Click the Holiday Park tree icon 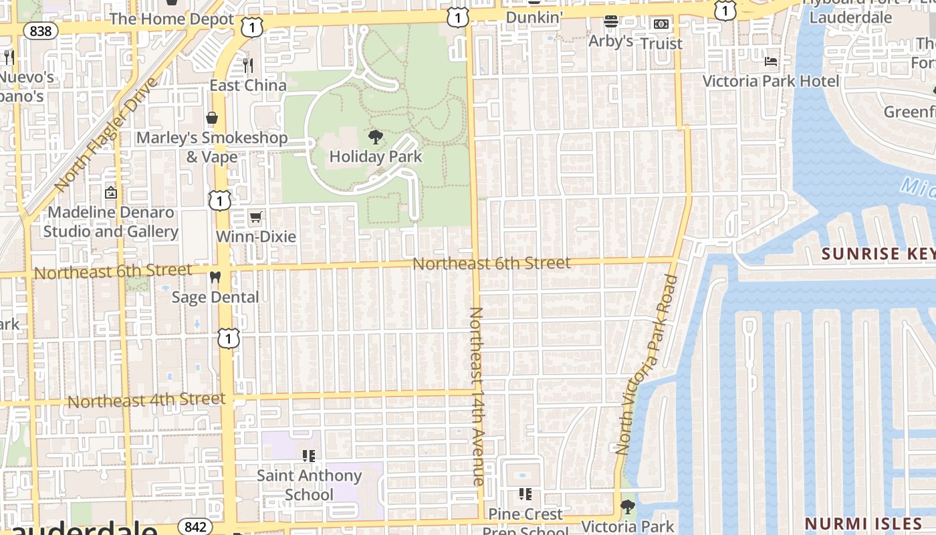point(376,137)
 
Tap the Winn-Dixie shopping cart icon point(255,217)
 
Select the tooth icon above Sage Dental point(215,277)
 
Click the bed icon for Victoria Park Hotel point(771,62)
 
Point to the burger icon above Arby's point(610,21)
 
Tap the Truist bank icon point(661,24)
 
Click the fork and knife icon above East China point(248,65)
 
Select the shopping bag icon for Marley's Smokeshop point(212,118)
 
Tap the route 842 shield point(195,526)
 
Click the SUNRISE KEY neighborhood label point(878,254)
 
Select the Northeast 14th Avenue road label point(477,396)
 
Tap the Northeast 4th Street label point(146,401)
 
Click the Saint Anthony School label point(309,485)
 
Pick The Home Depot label point(172,19)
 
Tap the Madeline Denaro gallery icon point(111,193)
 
